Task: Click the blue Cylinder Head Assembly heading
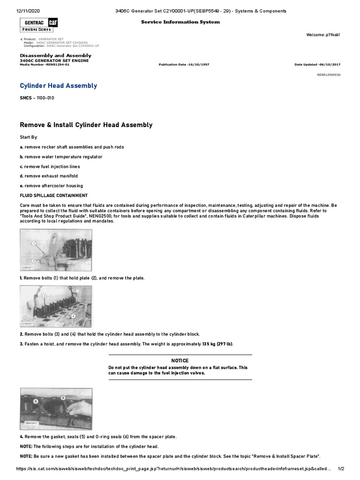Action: click(59, 86)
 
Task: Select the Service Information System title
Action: click(180, 22)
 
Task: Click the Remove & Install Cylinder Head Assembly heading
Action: click(86, 125)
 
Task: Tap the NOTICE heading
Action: click(180, 360)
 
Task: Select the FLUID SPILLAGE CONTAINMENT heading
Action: click(53, 195)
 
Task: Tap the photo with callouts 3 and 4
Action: click(55, 306)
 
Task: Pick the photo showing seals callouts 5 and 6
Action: click(55, 409)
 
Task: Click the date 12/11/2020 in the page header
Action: click(30, 11)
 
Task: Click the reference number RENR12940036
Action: click(329, 75)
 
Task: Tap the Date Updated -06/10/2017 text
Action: click(317, 64)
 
